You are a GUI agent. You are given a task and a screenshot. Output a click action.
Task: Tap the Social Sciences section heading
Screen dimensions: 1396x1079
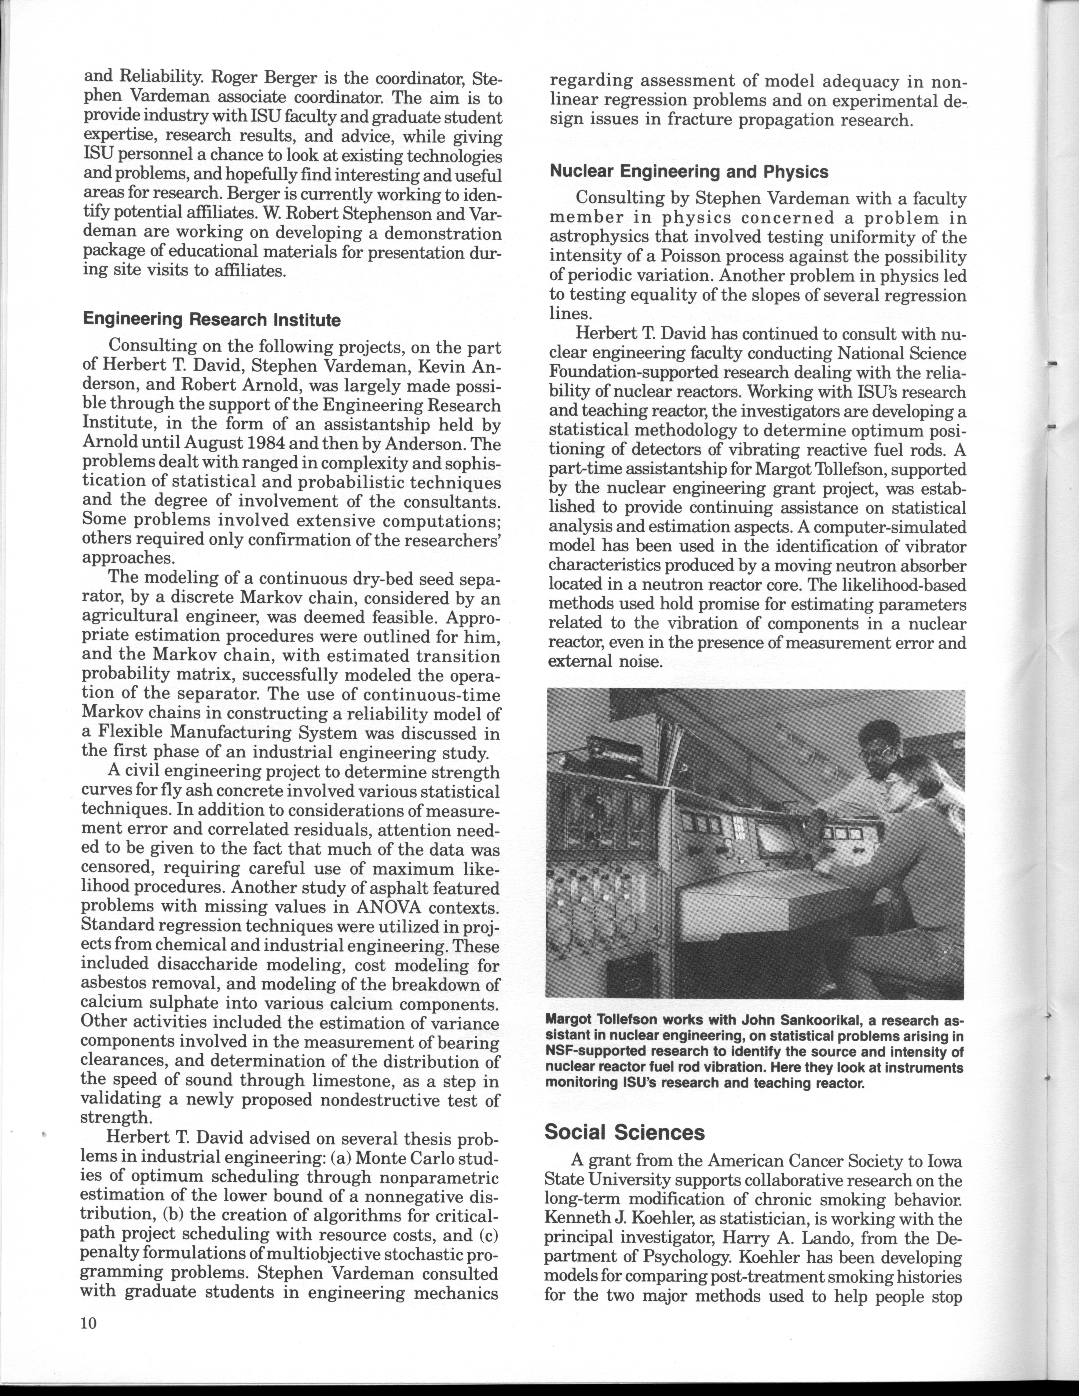point(625,1132)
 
